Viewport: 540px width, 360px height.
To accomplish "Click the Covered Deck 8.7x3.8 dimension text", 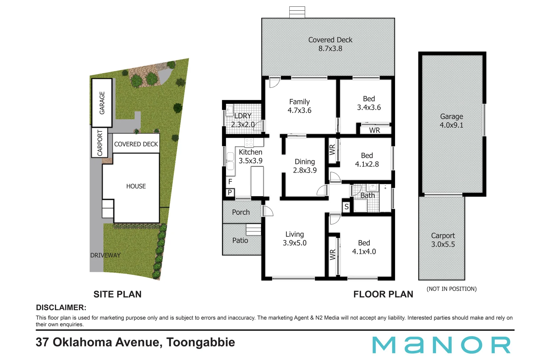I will pos(330,49).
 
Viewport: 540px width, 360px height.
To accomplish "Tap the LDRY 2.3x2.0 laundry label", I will pos(243,120).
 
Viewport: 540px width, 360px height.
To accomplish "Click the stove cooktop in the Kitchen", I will pos(249,143).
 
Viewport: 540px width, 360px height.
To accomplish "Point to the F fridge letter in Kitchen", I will pos(230,182).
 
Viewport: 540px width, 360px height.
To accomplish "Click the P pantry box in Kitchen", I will pos(230,192).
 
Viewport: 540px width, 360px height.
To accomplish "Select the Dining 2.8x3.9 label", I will pos(305,166).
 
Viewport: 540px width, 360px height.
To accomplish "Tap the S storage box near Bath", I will pos(346,207).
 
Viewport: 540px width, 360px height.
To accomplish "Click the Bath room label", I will pos(367,196).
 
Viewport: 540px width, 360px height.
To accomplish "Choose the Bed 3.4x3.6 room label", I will pos(369,103).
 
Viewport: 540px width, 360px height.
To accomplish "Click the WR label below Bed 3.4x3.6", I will pos(374,130).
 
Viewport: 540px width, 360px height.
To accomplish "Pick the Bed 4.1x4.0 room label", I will pos(364,247).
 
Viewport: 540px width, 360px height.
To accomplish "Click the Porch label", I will pos(241,212).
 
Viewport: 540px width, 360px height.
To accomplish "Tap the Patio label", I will pos(240,240).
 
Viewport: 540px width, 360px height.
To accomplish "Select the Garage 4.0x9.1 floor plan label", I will pos(451,121).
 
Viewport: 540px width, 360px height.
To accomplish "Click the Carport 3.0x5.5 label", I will pos(443,240).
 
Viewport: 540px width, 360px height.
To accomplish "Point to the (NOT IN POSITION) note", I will pos(451,289).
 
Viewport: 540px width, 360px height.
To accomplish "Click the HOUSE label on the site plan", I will pos(136,186).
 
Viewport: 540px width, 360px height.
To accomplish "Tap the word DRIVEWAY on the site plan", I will pos(105,255).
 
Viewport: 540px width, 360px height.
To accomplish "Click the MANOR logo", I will pos(441,345).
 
